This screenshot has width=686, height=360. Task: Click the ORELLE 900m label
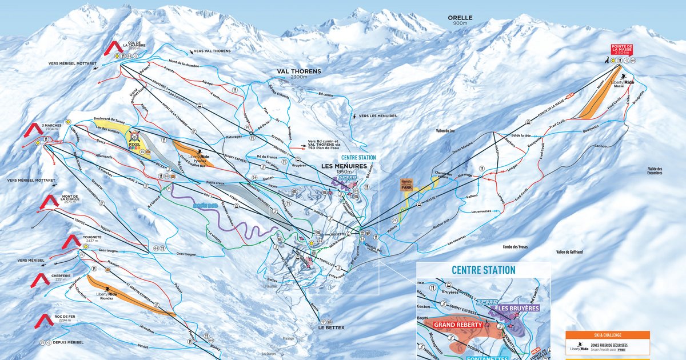click(460, 20)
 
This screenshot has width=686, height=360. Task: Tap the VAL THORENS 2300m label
click(299, 74)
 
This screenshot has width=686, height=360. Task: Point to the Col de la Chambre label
click(133, 46)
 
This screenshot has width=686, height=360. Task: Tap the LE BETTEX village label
click(330, 328)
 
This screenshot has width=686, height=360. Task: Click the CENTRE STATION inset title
click(483, 270)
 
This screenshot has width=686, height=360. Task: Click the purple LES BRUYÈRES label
click(520, 309)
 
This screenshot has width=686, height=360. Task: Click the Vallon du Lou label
click(448, 131)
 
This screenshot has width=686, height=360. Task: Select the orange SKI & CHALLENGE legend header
click(607, 335)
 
